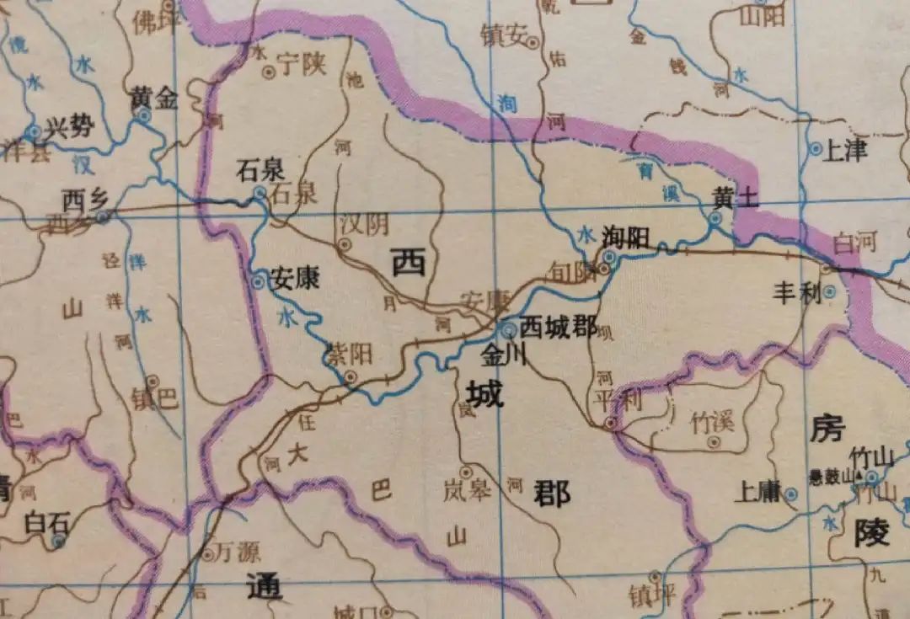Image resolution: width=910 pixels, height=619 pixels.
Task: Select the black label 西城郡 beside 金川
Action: (x=559, y=327)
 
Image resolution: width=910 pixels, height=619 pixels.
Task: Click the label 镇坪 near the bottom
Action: (x=652, y=594)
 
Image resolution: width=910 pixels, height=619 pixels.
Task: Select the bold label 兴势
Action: (x=69, y=129)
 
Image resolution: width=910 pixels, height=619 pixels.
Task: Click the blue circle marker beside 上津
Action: (x=815, y=148)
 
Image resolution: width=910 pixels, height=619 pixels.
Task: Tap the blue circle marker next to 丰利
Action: (x=830, y=292)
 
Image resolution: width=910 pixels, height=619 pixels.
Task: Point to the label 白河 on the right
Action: (x=854, y=243)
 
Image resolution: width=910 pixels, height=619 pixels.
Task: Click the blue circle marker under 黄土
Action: (x=715, y=218)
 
